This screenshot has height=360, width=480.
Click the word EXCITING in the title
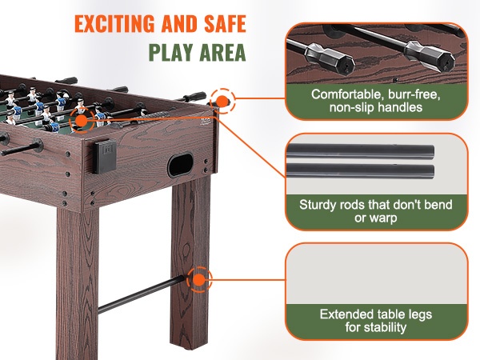click(114, 23)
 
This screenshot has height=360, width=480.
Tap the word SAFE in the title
click(225, 23)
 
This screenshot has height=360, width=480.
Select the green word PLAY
click(171, 52)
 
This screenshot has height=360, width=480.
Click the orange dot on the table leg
click(199, 279)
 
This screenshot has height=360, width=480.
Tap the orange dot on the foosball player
click(82, 121)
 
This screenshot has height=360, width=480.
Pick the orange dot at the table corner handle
click(222, 101)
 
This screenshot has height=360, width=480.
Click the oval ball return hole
click(180, 164)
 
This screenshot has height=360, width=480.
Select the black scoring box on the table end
click(105, 156)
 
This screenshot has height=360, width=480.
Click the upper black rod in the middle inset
click(360, 151)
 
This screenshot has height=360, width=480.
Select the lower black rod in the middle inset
click(360, 171)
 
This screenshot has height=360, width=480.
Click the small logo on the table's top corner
click(205, 122)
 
